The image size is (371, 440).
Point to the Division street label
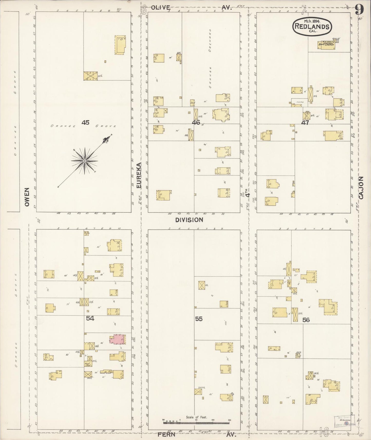(189, 220)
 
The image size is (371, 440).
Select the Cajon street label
(361, 188)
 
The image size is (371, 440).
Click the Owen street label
(27, 197)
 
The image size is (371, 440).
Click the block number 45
(85, 123)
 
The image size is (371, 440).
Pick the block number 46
(196, 122)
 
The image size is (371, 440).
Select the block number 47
(305, 122)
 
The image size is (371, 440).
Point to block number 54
(90, 319)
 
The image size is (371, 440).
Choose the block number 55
(199, 319)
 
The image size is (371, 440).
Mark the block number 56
(306, 320)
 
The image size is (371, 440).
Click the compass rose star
(84, 161)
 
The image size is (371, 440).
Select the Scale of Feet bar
(196, 422)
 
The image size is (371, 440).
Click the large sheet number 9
(359, 10)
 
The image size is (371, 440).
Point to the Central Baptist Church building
(326, 45)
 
